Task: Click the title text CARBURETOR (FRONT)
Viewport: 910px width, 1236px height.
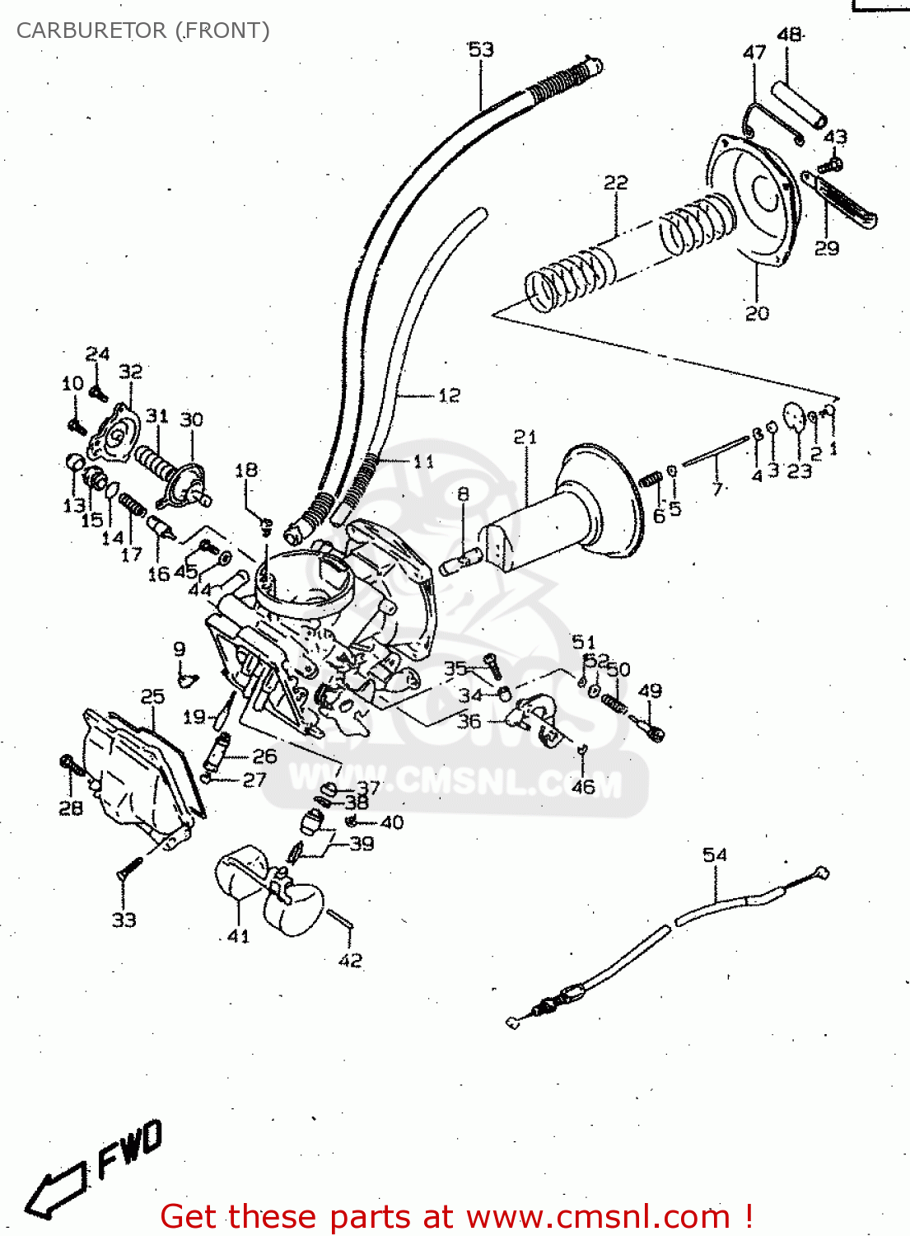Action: [x=142, y=30]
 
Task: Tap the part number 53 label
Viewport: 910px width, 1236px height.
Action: [x=481, y=49]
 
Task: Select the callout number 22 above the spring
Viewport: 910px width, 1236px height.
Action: [x=615, y=182]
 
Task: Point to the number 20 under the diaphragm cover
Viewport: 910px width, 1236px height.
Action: [x=757, y=313]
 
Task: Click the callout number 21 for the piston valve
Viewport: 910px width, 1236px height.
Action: [x=525, y=437]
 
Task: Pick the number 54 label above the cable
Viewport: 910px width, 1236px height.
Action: [x=714, y=854]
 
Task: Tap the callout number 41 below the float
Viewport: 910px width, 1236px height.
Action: [x=238, y=936]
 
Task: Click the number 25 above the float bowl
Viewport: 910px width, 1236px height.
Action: [x=152, y=697]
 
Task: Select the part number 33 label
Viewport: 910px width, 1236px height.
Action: [x=124, y=920]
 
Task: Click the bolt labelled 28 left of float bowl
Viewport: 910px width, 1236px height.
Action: [x=72, y=766]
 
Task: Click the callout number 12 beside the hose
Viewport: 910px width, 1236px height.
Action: [x=449, y=396]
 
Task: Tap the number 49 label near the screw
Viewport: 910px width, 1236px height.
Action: [x=650, y=691]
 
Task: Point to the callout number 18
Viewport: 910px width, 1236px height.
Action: [x=246, y=470]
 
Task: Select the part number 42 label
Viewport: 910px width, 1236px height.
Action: [x=350, y=960]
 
